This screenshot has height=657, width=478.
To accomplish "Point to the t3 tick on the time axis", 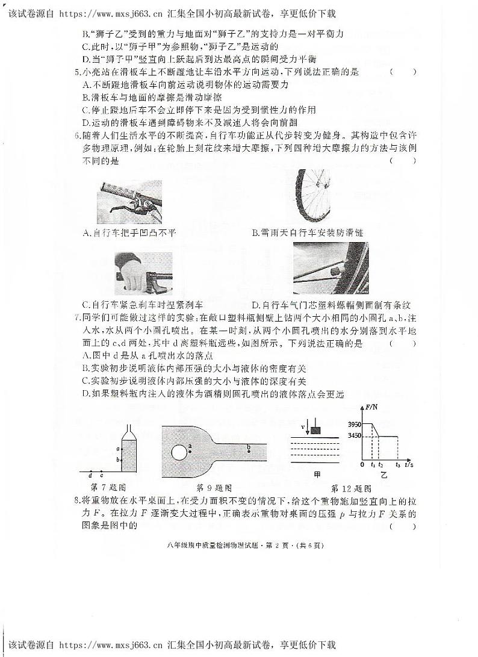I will tap(398, 466).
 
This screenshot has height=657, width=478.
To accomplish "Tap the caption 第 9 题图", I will tap(214, 487).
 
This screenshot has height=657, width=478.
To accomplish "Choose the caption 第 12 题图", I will tap(352, 488).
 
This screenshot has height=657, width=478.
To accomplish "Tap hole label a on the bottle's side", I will tap(118, 449).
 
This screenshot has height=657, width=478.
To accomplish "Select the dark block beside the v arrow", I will tap(315, 429).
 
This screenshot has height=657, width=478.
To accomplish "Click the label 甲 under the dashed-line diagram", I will tap(317, 473).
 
